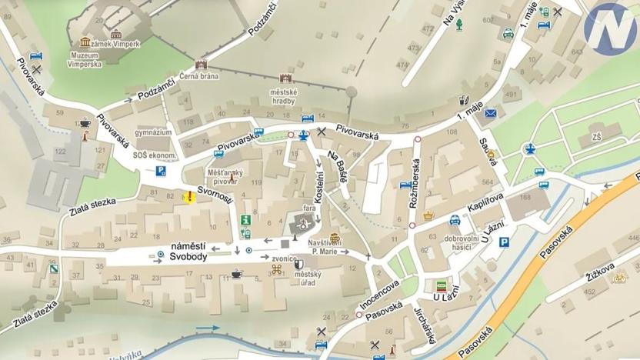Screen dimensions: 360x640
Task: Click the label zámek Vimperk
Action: pyautogui.click(x=117, y=45)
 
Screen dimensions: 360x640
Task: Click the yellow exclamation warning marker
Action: pyautogui.click(x=188, y=197)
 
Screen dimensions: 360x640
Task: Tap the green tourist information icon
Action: pyautogui.click(x=246, y=220)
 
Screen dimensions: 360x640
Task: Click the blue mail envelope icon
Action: pyautogui.click(x=491, y=113)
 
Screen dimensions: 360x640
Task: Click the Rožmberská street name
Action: pyautogui.click(x=416, y=186)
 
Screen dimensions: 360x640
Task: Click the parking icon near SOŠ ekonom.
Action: pyautogui.click(x=162, y=171)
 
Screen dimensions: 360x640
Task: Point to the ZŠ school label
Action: pyautogui.click(x=597, y=136)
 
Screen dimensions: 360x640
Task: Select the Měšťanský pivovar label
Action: pyautogui.click(x=222, y=176)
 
